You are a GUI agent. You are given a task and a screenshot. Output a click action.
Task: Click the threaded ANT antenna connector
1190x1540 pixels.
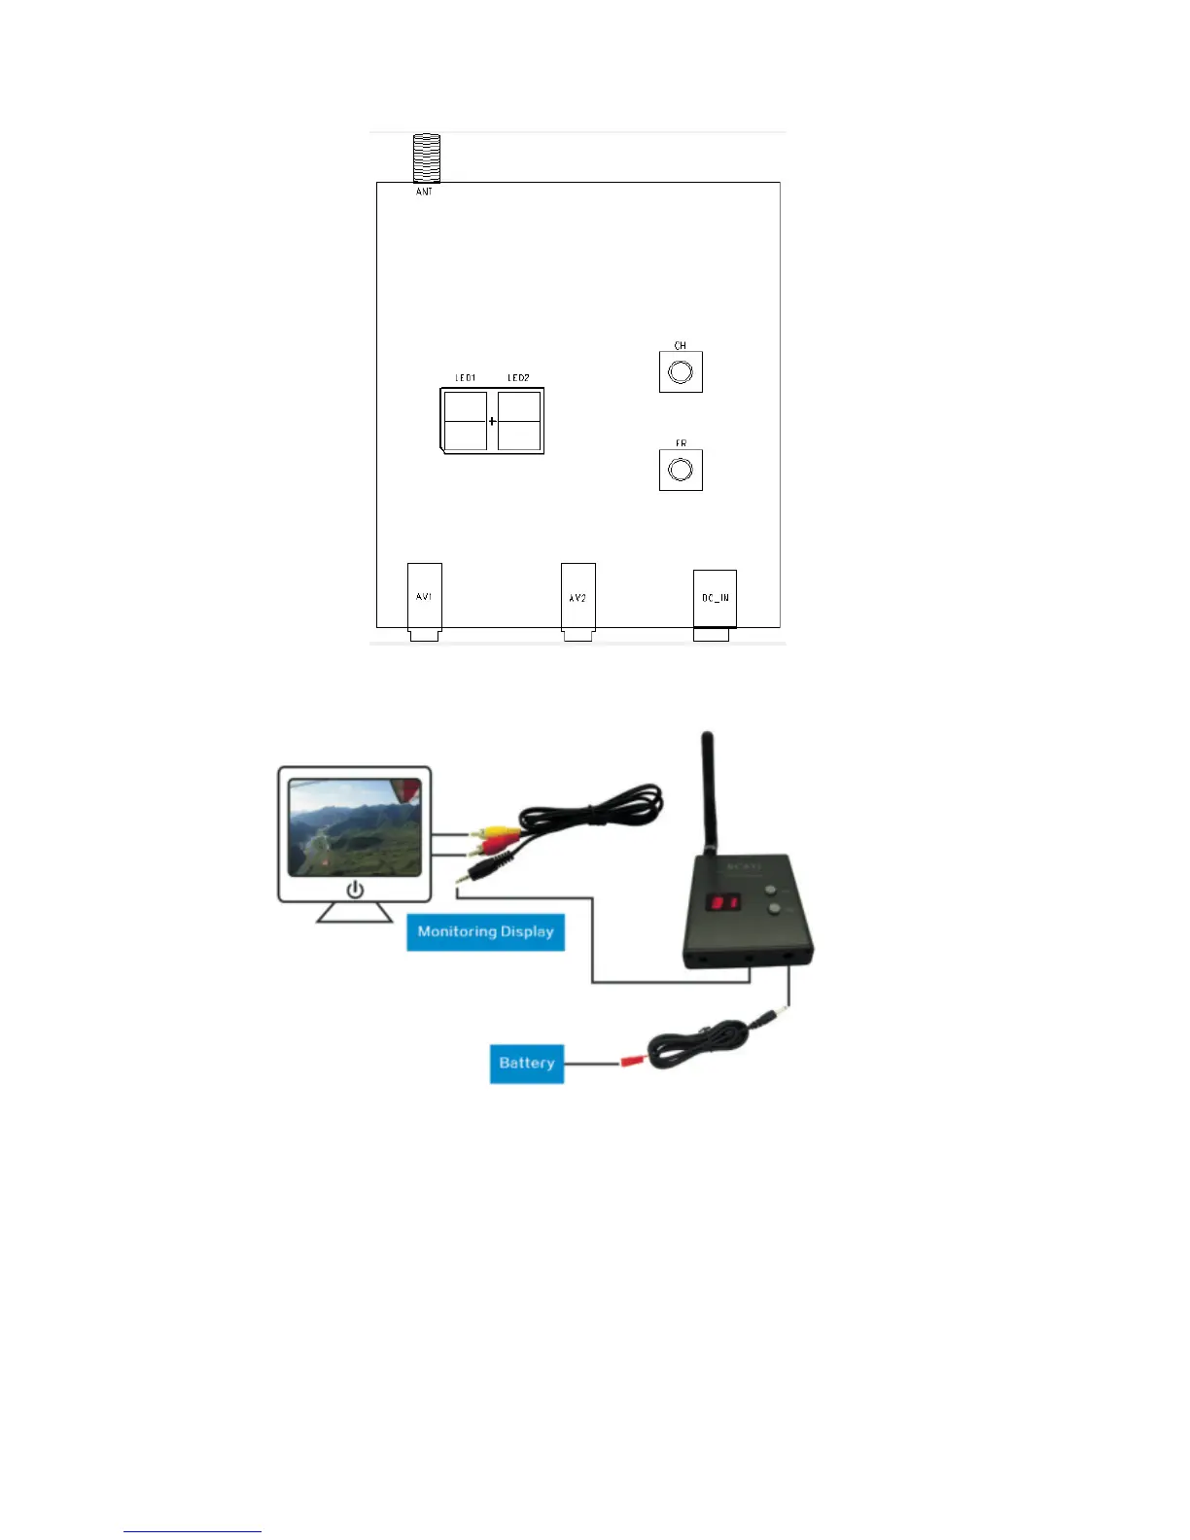[x=426, y=158]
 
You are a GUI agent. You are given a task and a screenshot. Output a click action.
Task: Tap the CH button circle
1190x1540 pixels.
[x=681, y=372]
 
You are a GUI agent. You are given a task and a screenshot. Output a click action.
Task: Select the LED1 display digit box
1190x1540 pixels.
[x=466, y=421]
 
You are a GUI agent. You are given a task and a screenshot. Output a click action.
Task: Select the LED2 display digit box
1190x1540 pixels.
[x=519, y=421]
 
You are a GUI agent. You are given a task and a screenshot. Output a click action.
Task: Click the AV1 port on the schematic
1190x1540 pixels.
[x=424, y=598]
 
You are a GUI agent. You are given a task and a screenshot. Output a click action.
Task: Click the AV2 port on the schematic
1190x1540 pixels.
[x=577, y=598]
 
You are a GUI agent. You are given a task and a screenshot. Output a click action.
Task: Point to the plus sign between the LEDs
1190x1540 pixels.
[x=492, y=421]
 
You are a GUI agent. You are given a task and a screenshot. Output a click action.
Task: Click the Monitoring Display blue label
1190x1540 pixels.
[x=485, y=931]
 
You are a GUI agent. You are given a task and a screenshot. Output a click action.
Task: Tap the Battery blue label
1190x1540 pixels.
[x=526, y=1063]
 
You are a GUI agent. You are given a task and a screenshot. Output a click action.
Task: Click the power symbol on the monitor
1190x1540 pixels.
[x=355, y=890]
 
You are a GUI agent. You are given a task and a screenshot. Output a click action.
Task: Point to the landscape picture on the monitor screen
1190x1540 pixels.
[x=355, y=826]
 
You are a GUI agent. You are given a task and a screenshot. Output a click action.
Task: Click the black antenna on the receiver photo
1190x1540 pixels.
[x=709, y=792]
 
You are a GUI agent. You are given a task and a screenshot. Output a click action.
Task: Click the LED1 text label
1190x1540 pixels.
[x=466, y=377]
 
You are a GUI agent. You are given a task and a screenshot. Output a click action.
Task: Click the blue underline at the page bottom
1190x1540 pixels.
[x=192, y=1531]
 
